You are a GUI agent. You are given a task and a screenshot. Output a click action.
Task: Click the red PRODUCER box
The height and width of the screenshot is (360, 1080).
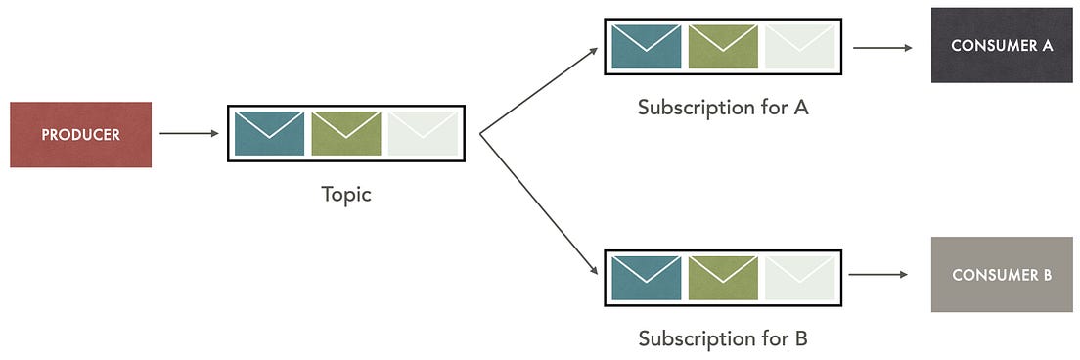80,134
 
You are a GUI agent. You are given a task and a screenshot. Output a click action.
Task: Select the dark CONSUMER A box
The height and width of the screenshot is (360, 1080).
1002,45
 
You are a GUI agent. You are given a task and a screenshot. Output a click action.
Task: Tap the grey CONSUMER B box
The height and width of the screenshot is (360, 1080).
1002,274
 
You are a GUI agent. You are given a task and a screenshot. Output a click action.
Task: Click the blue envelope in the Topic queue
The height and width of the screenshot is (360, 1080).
270,133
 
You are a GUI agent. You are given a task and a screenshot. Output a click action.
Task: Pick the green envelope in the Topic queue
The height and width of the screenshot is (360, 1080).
346,133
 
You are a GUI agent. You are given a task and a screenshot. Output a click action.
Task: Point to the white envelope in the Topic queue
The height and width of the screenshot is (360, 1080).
423,133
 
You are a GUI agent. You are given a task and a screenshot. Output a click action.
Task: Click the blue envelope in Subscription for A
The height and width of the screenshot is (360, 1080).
647,46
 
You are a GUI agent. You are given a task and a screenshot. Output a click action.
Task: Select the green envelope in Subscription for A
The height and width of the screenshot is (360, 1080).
723,46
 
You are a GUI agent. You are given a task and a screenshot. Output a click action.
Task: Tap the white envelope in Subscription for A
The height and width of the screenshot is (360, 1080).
800,46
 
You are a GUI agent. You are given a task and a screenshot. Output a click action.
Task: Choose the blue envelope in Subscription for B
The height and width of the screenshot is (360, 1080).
647,277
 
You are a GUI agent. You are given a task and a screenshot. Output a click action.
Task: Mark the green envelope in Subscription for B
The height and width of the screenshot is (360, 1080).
723,277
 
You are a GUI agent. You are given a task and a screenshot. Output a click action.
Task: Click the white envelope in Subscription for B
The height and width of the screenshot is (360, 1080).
800,277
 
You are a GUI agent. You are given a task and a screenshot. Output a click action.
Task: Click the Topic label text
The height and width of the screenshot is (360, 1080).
346,194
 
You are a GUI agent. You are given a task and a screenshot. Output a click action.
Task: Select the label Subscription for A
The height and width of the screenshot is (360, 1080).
723,107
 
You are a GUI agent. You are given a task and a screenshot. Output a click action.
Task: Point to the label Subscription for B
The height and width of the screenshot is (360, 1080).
723,338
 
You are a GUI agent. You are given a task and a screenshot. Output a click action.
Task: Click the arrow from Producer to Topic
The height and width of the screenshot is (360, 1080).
189,133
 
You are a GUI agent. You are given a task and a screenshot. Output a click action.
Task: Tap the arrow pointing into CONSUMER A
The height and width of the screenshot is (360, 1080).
881,46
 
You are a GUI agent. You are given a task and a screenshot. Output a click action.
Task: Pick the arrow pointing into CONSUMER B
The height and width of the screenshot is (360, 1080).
878,275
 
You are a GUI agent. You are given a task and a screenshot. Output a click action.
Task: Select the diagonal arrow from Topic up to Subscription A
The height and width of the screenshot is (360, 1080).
538,90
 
